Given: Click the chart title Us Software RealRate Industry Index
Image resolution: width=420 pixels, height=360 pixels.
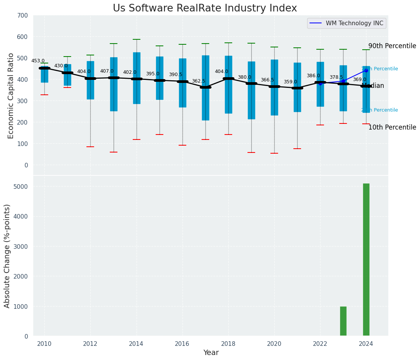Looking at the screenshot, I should click(205, 8).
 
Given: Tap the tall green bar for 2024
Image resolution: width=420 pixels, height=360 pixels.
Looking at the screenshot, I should click(366, 260).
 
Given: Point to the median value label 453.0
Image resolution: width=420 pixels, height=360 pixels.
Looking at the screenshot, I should click(38, 61).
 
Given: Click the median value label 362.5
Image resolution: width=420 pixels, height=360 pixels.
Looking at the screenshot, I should click(199, 81).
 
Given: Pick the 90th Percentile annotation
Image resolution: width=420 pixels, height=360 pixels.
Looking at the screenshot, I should click(392, 46).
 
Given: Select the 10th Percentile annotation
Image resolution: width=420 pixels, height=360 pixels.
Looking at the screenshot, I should click(392, 127).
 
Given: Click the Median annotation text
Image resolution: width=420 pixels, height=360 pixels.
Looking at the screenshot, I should click(373, 86).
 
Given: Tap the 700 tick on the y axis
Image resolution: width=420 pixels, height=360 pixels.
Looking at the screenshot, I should click(23, 15).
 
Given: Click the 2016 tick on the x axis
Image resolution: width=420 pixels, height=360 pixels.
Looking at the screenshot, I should click(182, 344).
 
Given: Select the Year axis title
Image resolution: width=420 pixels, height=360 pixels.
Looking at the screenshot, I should click(211, 353).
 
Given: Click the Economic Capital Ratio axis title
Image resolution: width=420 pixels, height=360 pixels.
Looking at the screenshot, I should click(11, 96).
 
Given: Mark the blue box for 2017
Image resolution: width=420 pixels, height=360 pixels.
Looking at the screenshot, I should click(205, 103).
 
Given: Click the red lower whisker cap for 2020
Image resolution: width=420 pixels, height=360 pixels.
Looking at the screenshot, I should click(274, 153).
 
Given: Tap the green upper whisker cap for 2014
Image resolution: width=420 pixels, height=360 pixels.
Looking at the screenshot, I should click(137, 39).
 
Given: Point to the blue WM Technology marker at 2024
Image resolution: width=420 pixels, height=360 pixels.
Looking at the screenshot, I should click(366, 70).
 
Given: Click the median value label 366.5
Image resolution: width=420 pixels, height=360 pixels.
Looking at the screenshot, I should click(267, 80).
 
